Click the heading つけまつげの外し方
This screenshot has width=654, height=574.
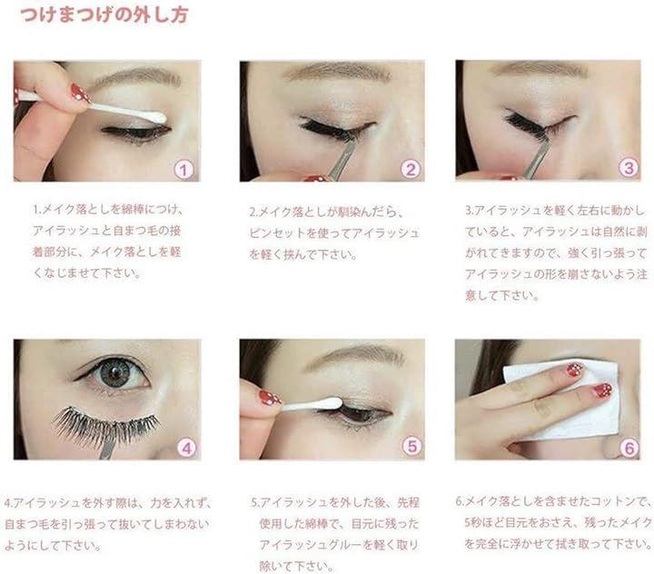104,15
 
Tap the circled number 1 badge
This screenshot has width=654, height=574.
183,170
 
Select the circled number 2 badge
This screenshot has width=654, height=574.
411,169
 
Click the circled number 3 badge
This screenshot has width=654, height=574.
629,168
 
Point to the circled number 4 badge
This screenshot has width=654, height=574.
186,448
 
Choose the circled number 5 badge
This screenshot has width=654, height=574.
411,446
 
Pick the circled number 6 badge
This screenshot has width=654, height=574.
629,448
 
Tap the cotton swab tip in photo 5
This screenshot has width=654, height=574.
329,403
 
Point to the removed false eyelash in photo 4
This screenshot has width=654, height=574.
106,426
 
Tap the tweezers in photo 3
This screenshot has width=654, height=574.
537,156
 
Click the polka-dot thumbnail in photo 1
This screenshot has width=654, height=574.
81,93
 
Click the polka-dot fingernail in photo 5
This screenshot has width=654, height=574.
270,398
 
